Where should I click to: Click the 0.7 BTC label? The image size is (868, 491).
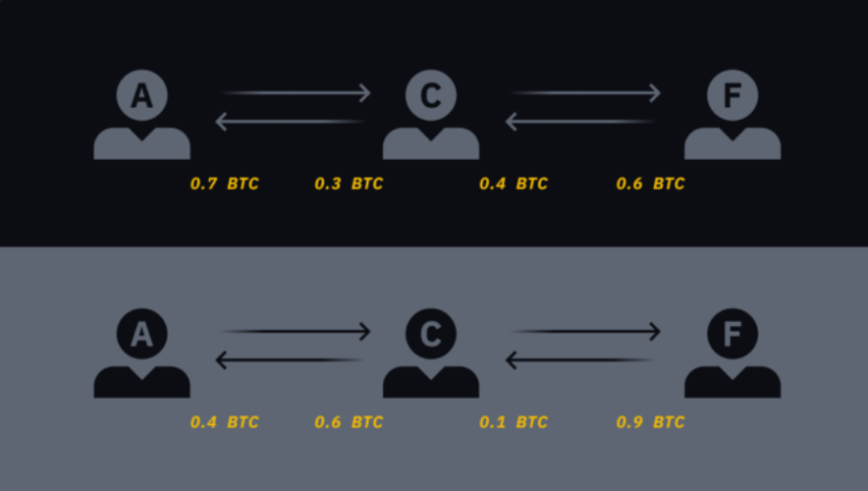[224, 184]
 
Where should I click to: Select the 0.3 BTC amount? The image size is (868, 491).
[349, 184]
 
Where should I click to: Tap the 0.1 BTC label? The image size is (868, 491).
[514, 422]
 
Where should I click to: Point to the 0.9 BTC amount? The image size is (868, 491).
[650, 422]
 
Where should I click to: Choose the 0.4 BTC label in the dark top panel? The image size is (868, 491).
[514, 184]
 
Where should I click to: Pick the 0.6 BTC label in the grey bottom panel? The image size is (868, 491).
[349, 422]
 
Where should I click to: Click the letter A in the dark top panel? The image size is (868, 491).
[141, 95]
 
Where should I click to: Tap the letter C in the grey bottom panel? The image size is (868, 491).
[431, 334]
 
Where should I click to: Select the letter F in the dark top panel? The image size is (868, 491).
[732, 95]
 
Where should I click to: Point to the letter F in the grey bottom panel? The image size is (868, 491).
[732, 334]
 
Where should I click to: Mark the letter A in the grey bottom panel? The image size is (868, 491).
[141, 334]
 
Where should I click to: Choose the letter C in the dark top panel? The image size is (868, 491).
[431, 95]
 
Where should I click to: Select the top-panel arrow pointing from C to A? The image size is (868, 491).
[290, 121]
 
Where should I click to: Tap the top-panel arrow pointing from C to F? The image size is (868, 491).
[586, 92]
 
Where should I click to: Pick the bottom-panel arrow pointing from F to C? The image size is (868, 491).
[580, 359]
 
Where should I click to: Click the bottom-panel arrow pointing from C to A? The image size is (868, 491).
[290, 359]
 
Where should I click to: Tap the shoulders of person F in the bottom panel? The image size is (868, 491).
[732, 383]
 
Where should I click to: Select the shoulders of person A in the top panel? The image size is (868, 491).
[141, 145]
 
